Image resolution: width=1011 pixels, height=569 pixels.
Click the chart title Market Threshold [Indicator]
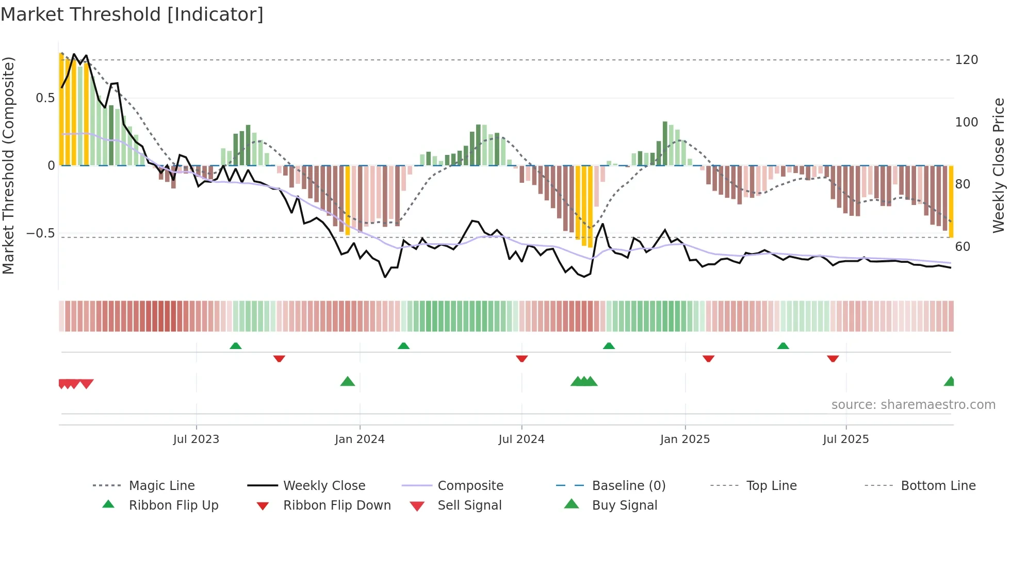[132, 14]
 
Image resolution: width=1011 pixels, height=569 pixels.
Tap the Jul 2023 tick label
[196, 439]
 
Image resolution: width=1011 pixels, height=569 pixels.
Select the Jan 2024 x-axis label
[360, 439]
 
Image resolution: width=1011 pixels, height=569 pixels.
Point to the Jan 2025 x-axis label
[685, 439]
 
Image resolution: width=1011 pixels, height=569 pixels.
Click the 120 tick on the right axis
[966, 60]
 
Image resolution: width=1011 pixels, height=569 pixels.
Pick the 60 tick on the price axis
[963, 247]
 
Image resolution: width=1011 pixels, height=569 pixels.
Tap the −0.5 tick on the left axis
[40, 233]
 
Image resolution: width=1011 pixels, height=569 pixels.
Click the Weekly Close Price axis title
[999, 165]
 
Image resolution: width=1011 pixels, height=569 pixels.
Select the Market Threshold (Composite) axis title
[8, 165]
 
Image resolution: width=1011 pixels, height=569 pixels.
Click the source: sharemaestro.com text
[913, 405]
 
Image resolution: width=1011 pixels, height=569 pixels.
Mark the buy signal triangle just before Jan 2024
[348, 382]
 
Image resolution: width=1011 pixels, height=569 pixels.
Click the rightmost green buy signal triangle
[950, 382]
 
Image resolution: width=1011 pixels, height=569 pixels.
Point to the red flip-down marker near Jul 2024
[521, 358]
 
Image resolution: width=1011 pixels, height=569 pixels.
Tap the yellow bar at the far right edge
[951, 201]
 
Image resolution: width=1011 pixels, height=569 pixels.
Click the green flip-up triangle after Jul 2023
[236, 346]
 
